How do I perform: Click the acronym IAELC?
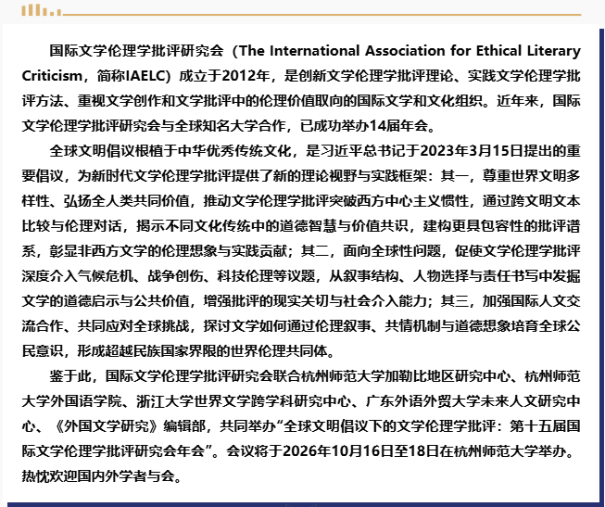pos(132,74)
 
